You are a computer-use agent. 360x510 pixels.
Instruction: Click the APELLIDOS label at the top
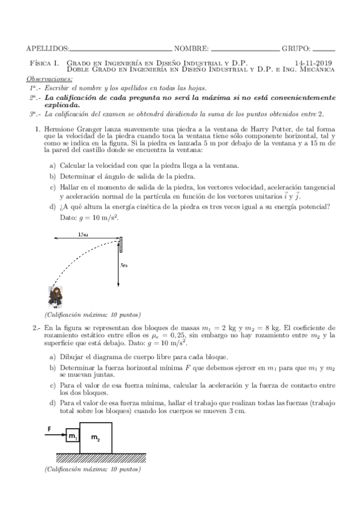(x=48, y=48)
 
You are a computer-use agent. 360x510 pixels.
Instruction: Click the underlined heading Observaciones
(x=49, y=79)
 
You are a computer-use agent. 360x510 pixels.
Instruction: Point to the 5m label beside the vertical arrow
(x=124, y=265)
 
